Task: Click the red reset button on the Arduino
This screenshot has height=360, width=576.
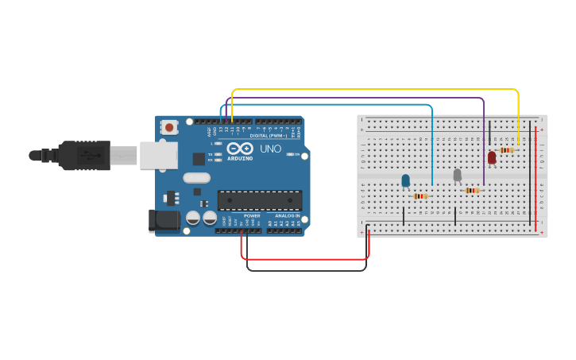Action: point(169,127)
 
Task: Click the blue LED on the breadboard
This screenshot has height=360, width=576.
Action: point(406,180)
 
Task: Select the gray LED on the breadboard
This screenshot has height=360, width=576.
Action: point(457,175)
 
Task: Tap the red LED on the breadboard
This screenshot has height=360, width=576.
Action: point(492,157)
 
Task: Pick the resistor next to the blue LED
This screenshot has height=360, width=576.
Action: point(420,195)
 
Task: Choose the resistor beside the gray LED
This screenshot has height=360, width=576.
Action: point(473,190)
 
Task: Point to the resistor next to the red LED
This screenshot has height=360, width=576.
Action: point(507,149)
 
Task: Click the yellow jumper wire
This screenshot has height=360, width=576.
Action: point(373,90)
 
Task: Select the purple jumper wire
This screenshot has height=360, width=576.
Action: point(358,98)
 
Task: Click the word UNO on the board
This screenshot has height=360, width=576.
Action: point(270,149)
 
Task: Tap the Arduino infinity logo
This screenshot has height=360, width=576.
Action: point(239,149)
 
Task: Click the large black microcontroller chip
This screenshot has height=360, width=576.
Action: point(260,200)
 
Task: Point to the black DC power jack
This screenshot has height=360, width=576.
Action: point(164,220)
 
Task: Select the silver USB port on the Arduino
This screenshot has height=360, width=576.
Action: point(159,156)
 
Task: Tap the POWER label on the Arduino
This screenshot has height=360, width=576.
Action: point(252,215)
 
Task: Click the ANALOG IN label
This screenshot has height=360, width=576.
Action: point(287,215)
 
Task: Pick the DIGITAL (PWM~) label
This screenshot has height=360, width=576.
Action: point(269,136)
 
